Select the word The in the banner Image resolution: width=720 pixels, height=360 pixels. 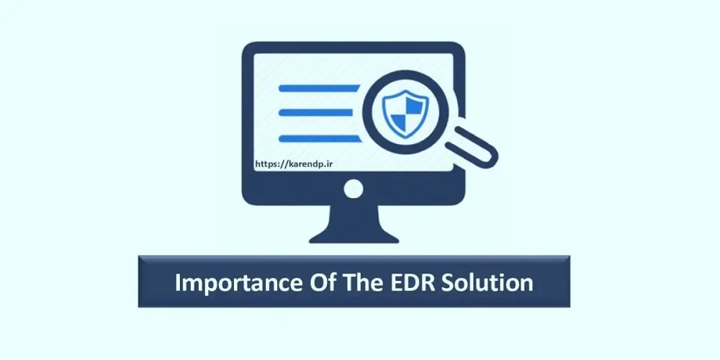click(357, 282)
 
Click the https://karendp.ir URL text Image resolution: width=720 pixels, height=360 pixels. click(293, 163)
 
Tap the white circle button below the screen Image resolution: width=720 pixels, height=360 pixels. click(354, 189)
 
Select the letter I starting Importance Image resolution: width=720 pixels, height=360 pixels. click(178, 282)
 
